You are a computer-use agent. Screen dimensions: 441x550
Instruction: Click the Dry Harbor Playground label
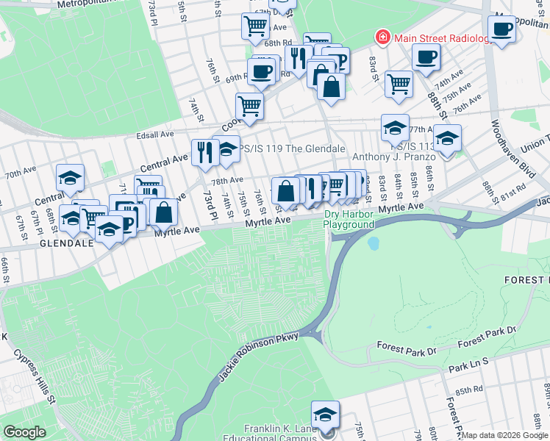point(349,219)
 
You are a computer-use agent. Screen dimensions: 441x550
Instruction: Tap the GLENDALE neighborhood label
point(65,242)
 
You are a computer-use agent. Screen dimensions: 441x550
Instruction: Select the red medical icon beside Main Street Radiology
point(383,37)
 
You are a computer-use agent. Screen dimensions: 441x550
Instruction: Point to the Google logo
point(24,431)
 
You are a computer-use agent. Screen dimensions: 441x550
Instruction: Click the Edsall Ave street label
point(155,135)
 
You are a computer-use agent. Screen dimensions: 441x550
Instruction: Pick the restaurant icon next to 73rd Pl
point(203,152)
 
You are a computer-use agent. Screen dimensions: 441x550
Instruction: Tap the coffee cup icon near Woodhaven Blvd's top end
point(502,29)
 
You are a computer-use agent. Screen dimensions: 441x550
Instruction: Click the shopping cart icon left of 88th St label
point(399,83)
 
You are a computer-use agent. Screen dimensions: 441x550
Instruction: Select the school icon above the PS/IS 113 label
point(395,128)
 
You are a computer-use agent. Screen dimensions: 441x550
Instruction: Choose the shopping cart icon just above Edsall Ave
point(249,106)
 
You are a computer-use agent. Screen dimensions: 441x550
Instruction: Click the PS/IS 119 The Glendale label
point(293,148)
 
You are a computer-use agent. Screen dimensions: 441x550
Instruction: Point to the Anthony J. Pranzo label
point(394,157)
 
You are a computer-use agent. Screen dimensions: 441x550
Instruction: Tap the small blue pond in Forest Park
point(374,242)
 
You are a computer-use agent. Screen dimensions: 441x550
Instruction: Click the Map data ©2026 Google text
point(504,435)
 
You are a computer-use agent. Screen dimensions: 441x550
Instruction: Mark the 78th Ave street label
point(227,179)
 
